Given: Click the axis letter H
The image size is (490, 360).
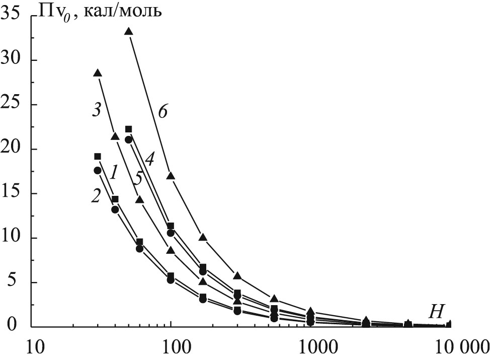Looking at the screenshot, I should (435, 313).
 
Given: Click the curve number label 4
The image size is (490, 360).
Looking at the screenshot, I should (149, 161).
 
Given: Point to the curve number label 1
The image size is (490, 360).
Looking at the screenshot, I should (114, 174).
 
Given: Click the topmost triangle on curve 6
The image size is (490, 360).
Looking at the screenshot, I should (128, 32).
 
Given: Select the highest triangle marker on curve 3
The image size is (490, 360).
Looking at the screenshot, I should (98, 74).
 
